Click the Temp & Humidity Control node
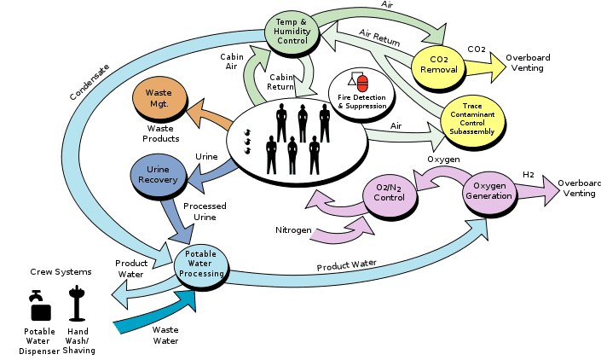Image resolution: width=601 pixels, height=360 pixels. click(292, 32)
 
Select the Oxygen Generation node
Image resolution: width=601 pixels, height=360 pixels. click(489, 191)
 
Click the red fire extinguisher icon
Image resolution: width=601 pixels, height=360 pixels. click(363, 84)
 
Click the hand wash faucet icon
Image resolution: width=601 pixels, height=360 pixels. click(78, 303)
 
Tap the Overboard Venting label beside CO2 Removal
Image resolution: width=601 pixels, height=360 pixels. click(528, 61)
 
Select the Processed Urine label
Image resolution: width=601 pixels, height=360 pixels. click(204, 212)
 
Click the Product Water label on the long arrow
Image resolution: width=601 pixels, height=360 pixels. click(347, 265)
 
